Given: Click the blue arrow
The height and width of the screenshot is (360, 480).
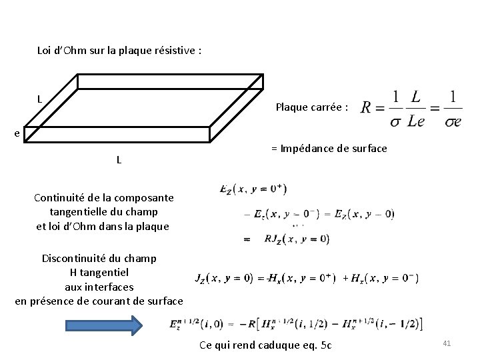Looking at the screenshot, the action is (103, 325).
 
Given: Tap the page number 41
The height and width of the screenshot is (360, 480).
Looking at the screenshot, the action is (447, 343).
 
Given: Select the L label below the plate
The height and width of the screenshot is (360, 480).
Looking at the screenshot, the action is (119, 159).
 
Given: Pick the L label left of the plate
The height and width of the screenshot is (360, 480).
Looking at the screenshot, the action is (40, 99).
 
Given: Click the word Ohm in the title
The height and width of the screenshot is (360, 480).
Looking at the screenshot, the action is (78, 50).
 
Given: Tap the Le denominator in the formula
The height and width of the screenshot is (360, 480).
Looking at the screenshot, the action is (416, 121).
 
